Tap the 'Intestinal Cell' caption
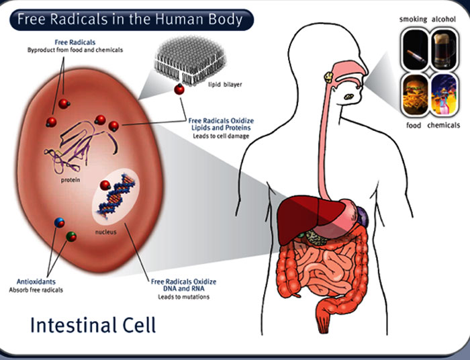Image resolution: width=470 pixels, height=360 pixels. click(93, 326)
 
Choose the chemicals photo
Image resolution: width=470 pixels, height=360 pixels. click(444, 94)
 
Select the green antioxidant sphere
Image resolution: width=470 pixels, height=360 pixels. click(72, 236)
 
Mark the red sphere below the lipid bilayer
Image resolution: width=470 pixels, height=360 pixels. click(179, 90)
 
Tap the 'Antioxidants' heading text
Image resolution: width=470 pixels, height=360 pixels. click(38, 282)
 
